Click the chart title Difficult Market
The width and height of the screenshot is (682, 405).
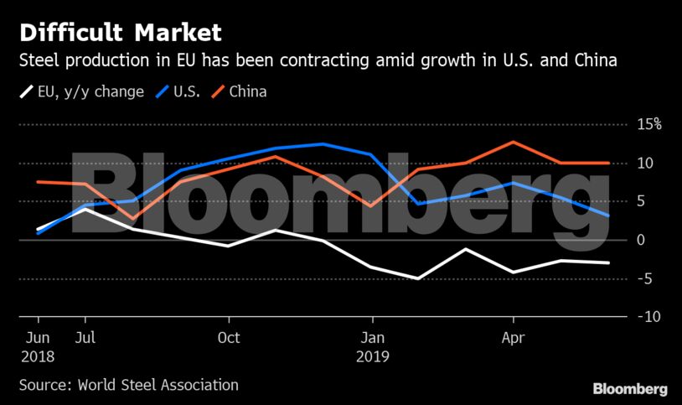coord(121,34)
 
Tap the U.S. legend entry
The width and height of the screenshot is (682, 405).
coord(181,91)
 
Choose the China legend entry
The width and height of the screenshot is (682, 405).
coord(246,91)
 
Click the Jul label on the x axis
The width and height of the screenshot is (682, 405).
coord(85,338)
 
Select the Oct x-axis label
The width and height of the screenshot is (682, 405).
coord(229,338)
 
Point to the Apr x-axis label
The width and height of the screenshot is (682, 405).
coord(513,338)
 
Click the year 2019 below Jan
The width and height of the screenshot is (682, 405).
coord(373,356)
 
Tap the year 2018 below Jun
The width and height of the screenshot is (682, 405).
coord(38,356)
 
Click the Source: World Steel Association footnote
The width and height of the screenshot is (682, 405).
coord(128,385)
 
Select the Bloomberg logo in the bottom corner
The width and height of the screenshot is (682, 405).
coord(630,389)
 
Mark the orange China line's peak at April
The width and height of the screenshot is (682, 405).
coord(514,142)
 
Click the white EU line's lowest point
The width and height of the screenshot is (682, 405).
coord(418,278)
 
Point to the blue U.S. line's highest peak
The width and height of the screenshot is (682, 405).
coord(323,144)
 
